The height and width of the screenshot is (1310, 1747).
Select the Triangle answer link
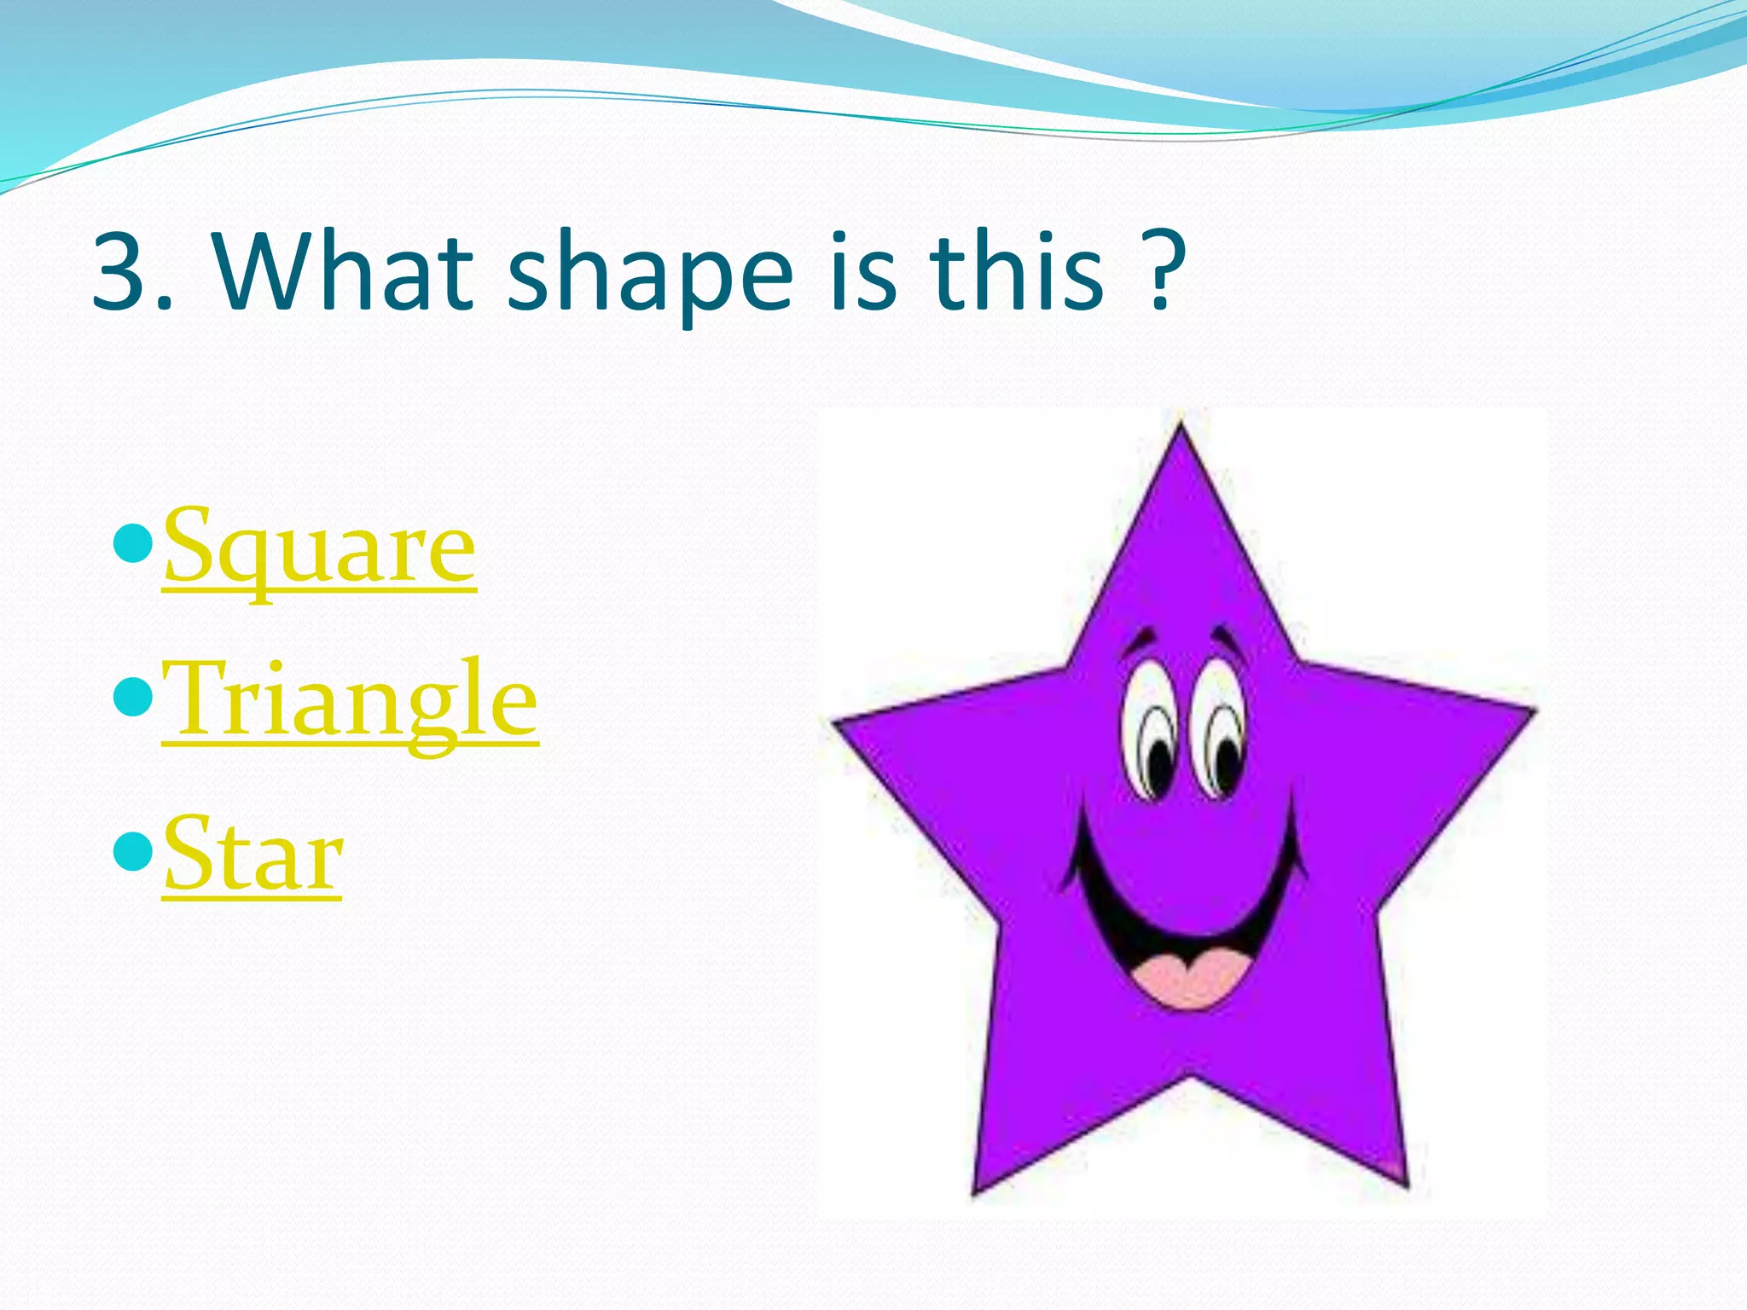point(350,701)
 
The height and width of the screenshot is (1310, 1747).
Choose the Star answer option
point(252,855)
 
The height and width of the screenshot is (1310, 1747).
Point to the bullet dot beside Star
point(132,850)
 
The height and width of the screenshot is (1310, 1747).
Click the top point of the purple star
point(1181,431)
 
